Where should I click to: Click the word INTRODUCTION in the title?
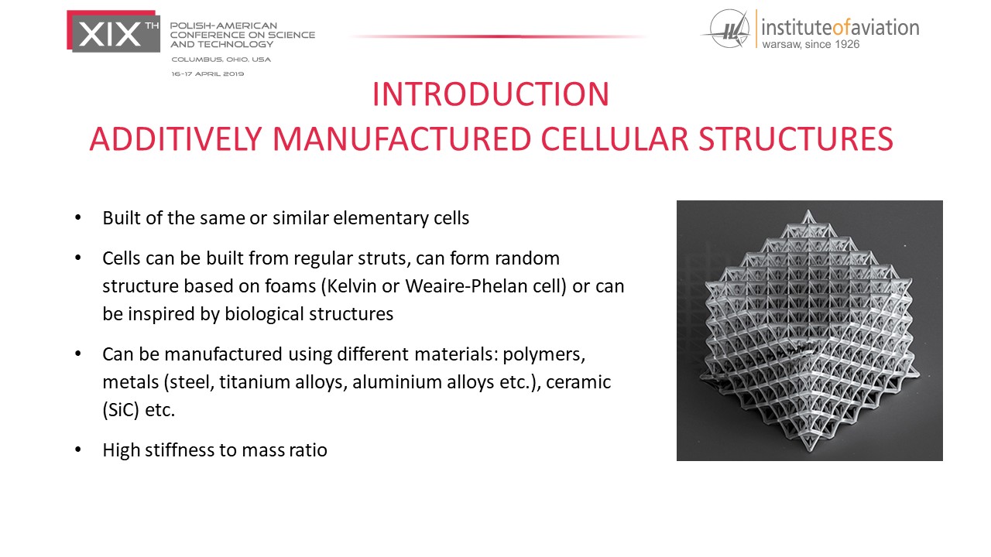(x=491, y=94)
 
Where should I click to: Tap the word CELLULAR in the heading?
(x=615, y=138)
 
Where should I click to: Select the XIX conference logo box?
(x=113, y=32)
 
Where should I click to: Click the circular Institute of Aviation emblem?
(x=729, y=29)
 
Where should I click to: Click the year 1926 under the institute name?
(x=847, y=44)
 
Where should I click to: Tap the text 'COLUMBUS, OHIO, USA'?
(x=221, y=60)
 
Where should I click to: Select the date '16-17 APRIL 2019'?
(x=207, y=73)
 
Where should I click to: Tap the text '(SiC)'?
(x=121, y=410)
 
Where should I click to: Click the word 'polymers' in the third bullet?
(x=544, y=354)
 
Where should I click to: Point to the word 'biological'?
(x=264, y=314)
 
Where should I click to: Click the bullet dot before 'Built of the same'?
(x=78, y=217)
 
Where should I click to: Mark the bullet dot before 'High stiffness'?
(x=78, y=449)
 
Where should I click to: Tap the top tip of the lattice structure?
(x=809, y=210)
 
